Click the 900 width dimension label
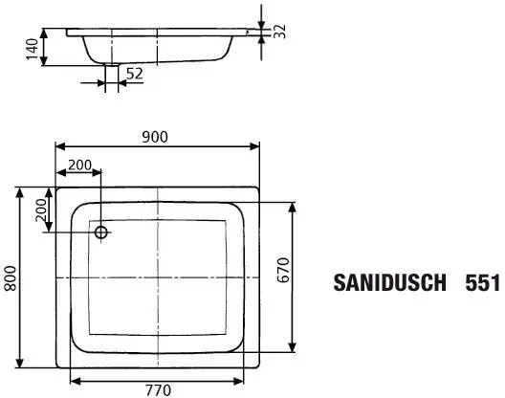[x=155, y=137]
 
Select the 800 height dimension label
[x=11, y=278]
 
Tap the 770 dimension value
[x=158, y=390]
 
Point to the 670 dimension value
[x=284, y=270]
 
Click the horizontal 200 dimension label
[x=80, y=165]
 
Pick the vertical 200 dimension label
[x=41, y=210]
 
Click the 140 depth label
[x=32, y=49]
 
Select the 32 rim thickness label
[x=279, y=32]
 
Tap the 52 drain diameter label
[x=134, y=74]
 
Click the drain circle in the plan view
[x=100, y=232]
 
